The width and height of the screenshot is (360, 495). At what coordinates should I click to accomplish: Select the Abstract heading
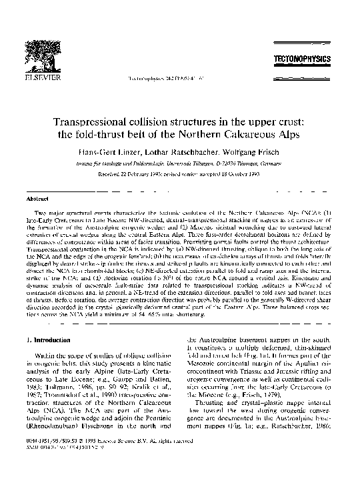tap(35, 199)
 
